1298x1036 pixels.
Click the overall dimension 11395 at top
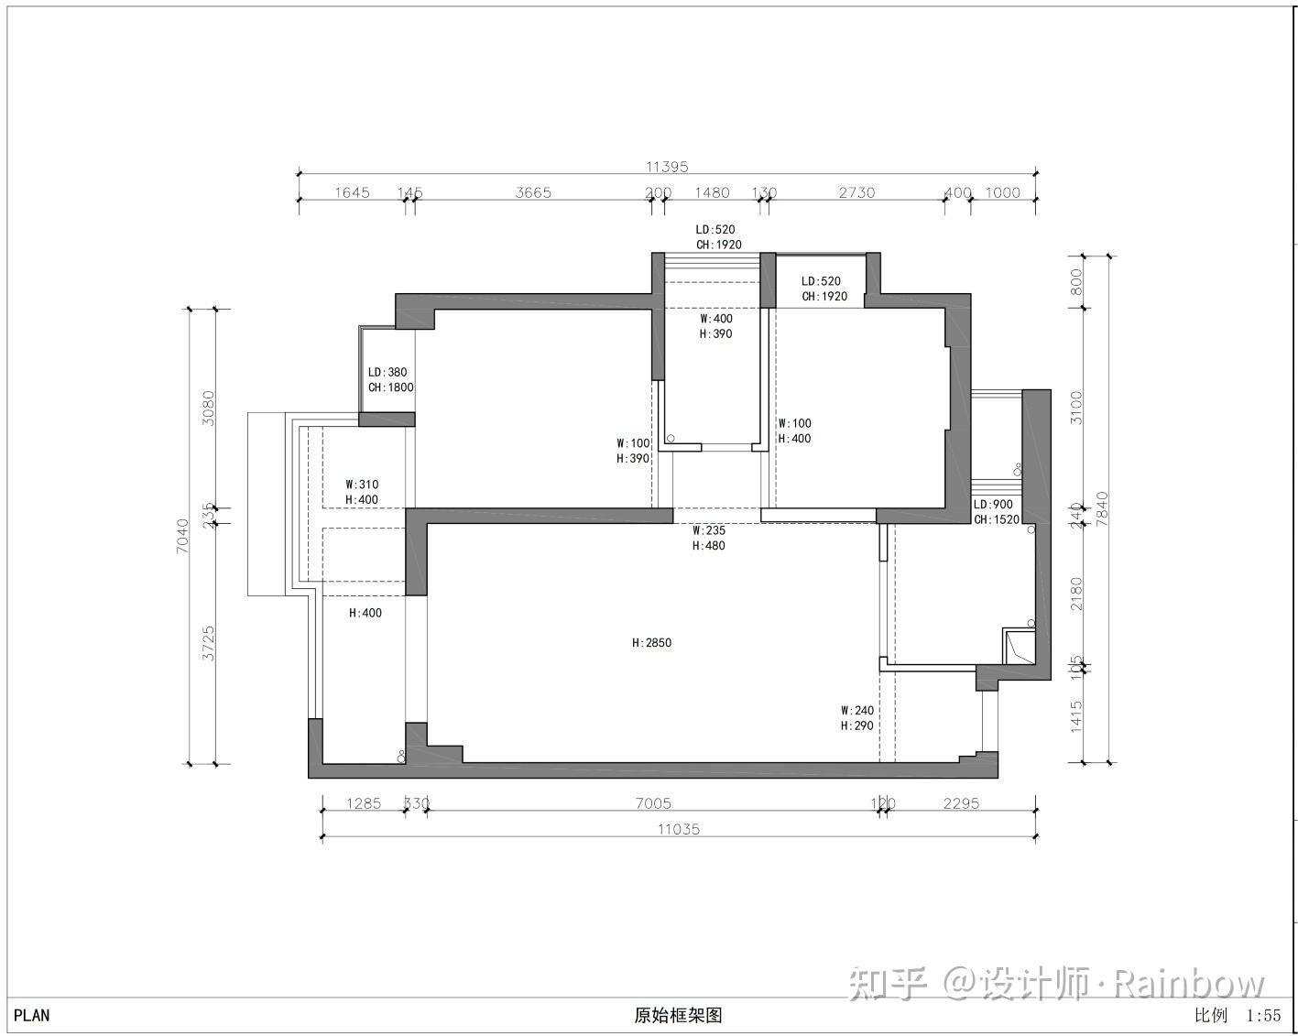coord(666,167)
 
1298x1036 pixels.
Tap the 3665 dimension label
coord(533,192)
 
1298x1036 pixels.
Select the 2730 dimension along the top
coord(856,192)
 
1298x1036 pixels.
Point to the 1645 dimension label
coord(352,192)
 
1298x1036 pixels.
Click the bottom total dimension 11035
coord(679,829)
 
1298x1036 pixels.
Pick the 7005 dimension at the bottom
coord(652,803)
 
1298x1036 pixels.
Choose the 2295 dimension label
coord(961,803)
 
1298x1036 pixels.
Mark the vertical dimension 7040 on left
coord(182,536)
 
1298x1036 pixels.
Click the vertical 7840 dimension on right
coord(1102,509)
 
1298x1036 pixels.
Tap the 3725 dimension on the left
coord(209,643)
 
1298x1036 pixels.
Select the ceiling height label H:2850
coord(651,643)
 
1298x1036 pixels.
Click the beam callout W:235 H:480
coord(709,538)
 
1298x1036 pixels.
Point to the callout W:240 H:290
coord(857,718)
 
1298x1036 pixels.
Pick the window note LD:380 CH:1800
coord(390,380)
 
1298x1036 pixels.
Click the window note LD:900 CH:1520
coord(996,512)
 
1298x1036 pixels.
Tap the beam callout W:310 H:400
coord(361,492)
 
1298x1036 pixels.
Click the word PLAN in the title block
coord(32,1015)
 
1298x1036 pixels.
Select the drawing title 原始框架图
coord(678,1015)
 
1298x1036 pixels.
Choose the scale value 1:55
coord(1263,1015)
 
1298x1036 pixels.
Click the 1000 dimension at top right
coord(1002,192)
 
